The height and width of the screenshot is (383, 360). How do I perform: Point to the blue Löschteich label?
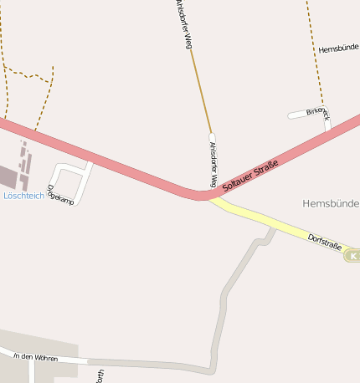point(23,196)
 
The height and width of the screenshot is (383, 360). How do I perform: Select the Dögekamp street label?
point(61,195)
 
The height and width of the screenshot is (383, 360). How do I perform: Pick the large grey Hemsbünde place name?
point(331,203)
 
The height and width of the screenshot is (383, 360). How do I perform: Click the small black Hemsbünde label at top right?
point(338,49)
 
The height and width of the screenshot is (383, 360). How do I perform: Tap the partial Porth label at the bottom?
point(100,375)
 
